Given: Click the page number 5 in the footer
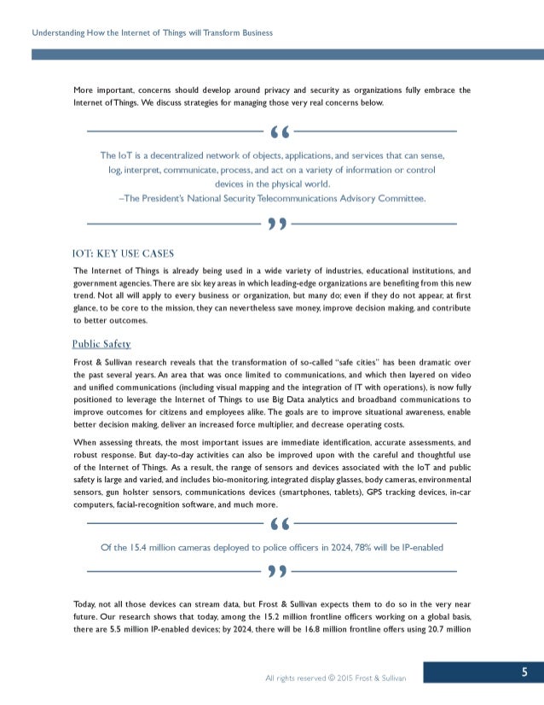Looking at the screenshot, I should (524, 673).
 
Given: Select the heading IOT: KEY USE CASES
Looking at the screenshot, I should (124, 253).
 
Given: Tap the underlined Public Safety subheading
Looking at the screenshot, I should (101, 344).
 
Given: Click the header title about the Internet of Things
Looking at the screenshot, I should (152, 32).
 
